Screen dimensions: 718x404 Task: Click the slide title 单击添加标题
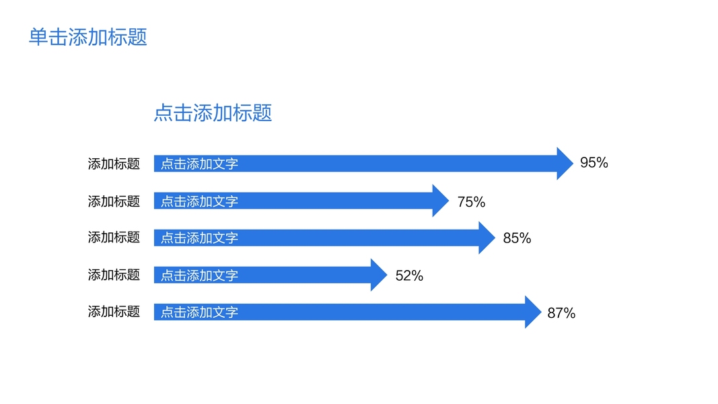coord(88,37)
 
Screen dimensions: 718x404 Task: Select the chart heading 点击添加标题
coord(213,112)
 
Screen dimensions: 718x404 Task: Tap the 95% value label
coord(594,162)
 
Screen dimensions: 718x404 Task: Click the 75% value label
coord(471,202)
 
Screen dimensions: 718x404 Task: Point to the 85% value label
coord(517,238)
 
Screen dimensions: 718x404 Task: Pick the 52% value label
coord(409,276)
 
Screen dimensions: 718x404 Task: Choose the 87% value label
coord(561,313)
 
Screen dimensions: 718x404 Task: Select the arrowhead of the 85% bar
coord(487,238)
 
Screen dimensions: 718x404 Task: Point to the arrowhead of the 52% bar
coord(379,275)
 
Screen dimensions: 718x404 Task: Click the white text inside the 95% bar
coord(200,164)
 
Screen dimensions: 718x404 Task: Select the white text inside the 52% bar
coord(200,275)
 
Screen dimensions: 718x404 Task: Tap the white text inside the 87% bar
coord(200,312)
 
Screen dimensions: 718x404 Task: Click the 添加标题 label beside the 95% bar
coord(114,164)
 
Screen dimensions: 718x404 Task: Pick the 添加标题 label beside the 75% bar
coord(114,201)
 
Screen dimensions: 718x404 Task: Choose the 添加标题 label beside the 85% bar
coord(114,237)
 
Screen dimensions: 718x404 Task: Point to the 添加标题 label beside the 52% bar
coord(114,275)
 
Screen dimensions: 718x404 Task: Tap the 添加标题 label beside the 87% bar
coord(114,312)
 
